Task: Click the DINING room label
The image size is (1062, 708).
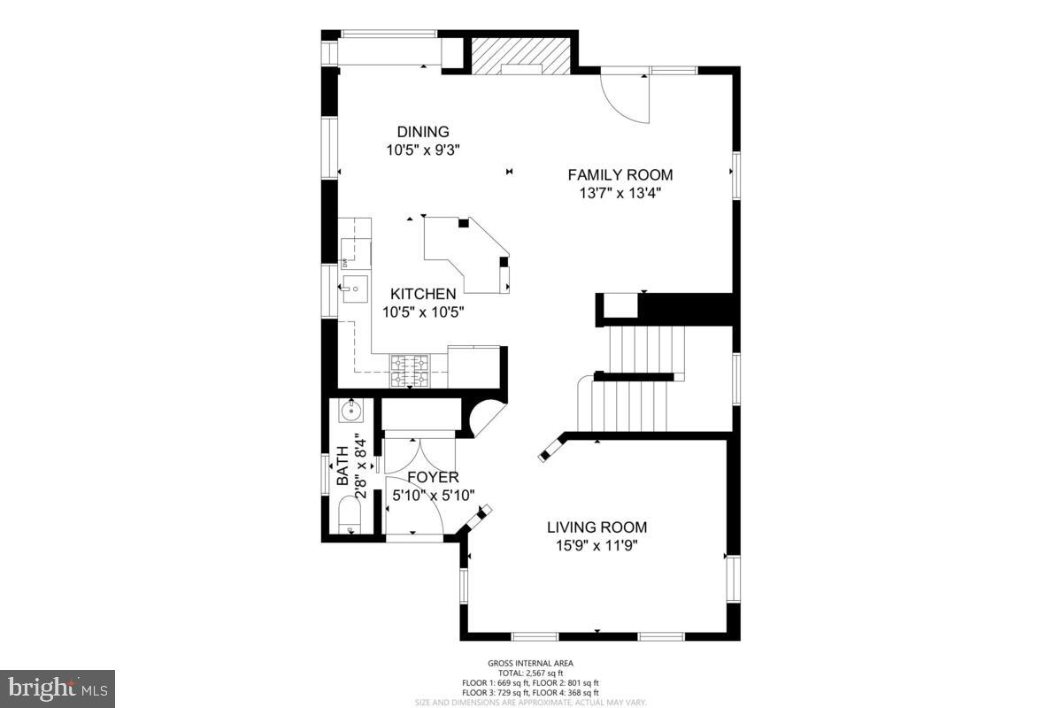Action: pyautogui.click(x=423, y=132)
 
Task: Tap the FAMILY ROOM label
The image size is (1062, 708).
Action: pyautogui.click(x=619, y=175)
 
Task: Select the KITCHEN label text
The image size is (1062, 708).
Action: pyautogui.click(x=424, y=294)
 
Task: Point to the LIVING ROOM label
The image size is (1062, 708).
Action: pyautogui.click(x=603, y=527)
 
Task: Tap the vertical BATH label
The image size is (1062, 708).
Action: pyautogui.click(x=342, y=466)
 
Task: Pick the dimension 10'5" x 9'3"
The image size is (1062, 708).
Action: pyautogui.click(x=423, y=150)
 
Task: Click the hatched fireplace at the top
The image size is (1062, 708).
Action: pyautogui.click(x=519, y=56)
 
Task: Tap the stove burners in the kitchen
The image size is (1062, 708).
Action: pyautogui.click(x=410, y=371)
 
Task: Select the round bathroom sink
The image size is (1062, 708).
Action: pyautogui.click(x=351, y=410)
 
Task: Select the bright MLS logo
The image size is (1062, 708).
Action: pyautogui.click(x=58, y=688)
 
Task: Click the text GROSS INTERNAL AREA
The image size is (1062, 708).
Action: pyautogui.click(x=530, y=663)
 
